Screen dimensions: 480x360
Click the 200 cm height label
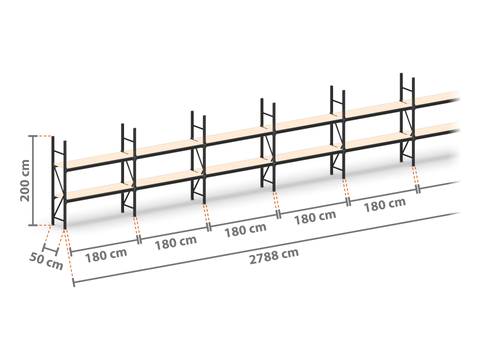point(25,180)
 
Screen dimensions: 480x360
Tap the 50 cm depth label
point(46,261)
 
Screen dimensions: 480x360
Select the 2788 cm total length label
point(274,256)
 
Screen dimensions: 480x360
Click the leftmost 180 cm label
point(106,255)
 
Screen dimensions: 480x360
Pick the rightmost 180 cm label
point(385,205)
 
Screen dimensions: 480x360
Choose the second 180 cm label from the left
point(176,243)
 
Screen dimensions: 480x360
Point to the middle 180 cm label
point(245,230)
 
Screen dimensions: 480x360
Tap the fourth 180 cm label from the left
point(315,218)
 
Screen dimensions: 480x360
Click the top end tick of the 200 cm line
point(33,136)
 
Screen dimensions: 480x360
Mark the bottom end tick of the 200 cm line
point(33,225)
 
